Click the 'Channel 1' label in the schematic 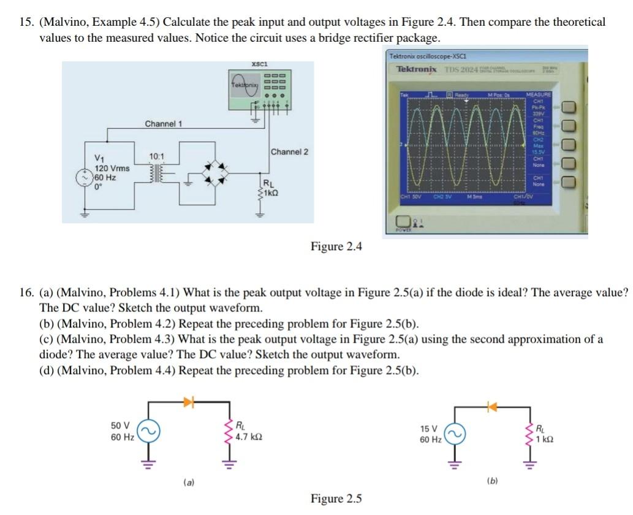click(163, 124)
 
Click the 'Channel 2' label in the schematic click(289, 151)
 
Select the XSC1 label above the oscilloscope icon click(259, 64)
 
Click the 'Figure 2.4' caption click(336, 246)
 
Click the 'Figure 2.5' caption click(336, 498)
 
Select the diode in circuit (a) click(189, 402)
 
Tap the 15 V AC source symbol click(454, 433)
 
